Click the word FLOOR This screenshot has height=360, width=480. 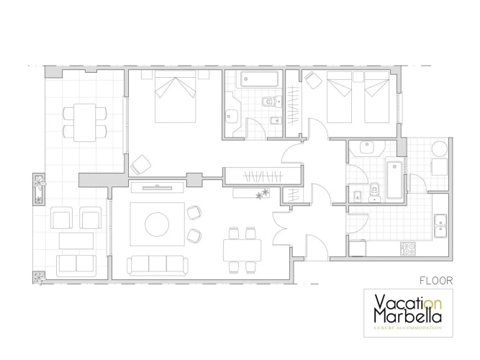pyautogui.click(x=436, y=281)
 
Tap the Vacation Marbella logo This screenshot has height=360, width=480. pyautogui.click(x=408, y=312)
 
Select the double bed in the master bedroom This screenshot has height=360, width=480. pyautogui.click(x=175, y=96)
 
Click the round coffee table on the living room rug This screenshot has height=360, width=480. pyautogui.click(x=157, y=224)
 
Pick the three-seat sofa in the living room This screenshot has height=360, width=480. pyautogui.click(x=158, y=265)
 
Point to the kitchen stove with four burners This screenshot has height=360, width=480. pyautogui.click(x=408, y=248)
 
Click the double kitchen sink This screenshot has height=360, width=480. pyautogui.click(x=440, y=226)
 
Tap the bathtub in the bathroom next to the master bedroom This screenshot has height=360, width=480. pyautogui.click(x=259, y=79)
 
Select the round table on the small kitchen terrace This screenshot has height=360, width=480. pyautogui.click(x=439, y=149)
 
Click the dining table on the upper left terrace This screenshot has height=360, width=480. pyautogui.click(x=85, y=122)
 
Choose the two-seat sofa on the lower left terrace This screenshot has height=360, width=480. pyautogui.click(x=76, y=264)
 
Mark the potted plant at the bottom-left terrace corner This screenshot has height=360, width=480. pyautogui.click(x=39, y=278)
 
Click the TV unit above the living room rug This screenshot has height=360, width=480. pyautogui.click(x=158, y=187)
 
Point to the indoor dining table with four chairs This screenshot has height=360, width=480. pyautogui.click(x=242, y=250)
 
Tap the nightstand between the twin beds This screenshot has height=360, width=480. pyautogui.click(x=358, y=76)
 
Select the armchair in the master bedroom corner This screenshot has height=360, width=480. pyautogui.click(x=141, y=165)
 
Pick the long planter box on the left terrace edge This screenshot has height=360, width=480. pyautogui.click(x=39, y=189)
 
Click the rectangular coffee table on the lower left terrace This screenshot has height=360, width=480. pyautogui.click(x=76, y=240)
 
